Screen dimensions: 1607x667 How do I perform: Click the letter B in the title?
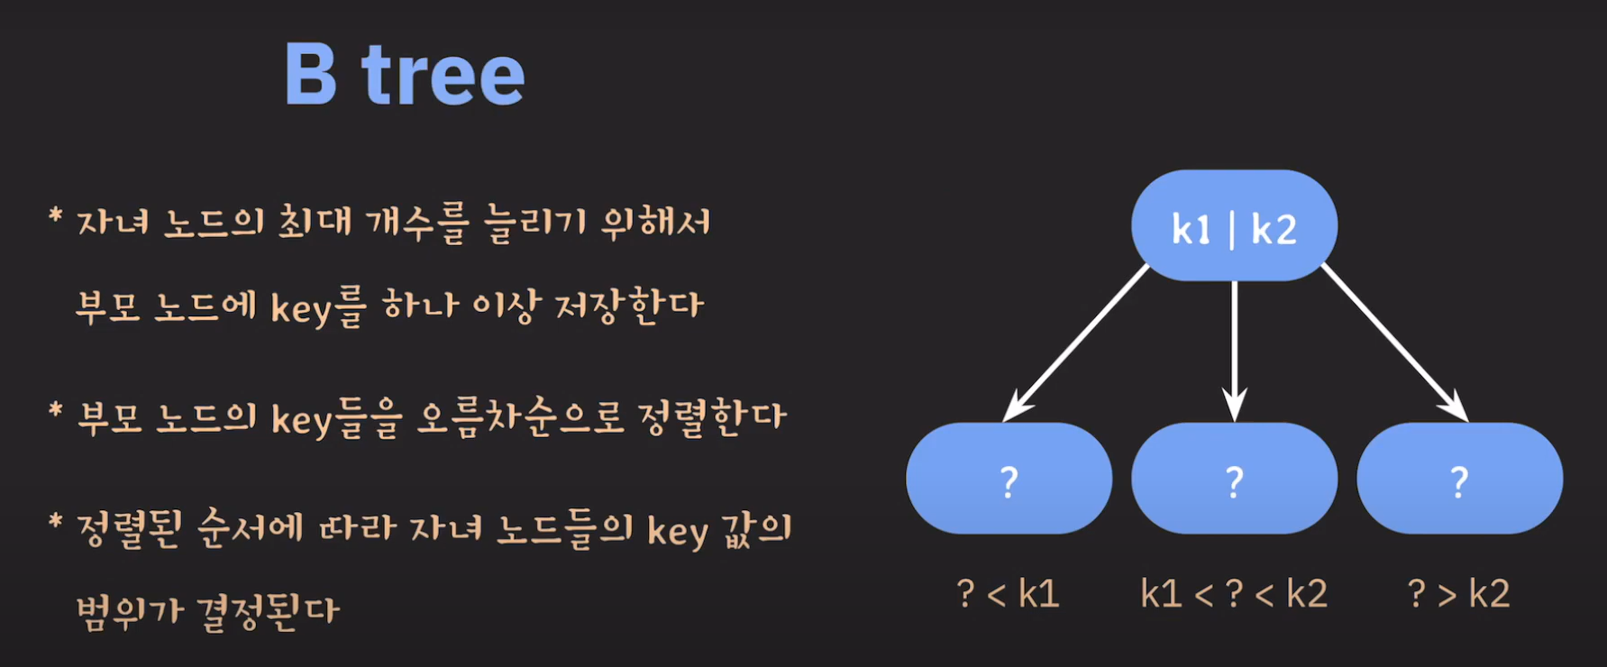click(x=311, y=75)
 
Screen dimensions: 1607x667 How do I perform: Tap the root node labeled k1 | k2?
click(x=1234, y=225)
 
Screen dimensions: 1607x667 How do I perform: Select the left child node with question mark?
click(x=1009, y=479)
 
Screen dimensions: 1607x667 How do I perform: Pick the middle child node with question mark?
click(x=1234, y=479)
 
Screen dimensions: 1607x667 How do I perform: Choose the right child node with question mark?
click(x=1459, y=479)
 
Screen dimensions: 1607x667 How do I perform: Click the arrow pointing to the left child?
click(x=1075, y=343)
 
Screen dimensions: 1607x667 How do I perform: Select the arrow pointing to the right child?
click(x=1392, y=343)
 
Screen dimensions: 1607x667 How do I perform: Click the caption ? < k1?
click(x=1008, y=594)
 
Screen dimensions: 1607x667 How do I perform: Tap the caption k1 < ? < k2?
click(x=1234, y=594)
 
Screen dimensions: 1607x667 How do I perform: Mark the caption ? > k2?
click(x=1458, y=594)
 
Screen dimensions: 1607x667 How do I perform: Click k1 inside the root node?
click(x=1192, y=230)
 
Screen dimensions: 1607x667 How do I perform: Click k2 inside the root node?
click(x=1274, y=230)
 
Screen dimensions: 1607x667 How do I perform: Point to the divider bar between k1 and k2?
click(x=1232, y=230)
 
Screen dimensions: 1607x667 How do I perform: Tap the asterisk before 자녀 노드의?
click(x=56, y=216)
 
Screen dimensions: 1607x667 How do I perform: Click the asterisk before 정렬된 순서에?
click(x=56, y=523)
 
